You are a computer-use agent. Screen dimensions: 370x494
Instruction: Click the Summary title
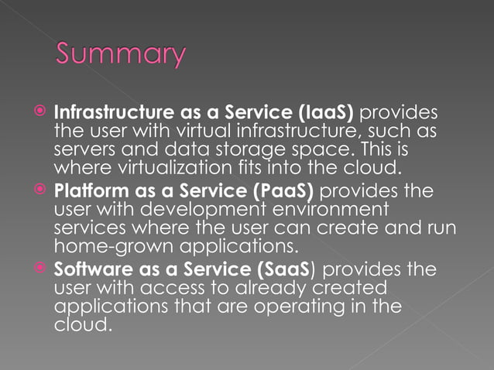point(122,56)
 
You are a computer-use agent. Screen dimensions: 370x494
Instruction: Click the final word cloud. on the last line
point(81,325)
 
